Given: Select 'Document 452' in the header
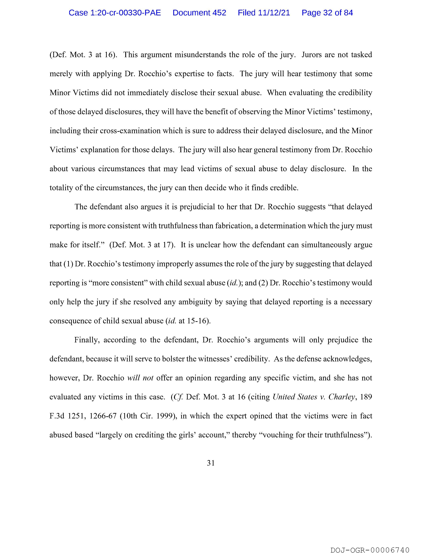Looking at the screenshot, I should click(x=199, y=13).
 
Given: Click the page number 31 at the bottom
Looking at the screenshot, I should click(x=211, y=463).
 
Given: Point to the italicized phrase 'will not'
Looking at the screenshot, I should click(x=140, y=378).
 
